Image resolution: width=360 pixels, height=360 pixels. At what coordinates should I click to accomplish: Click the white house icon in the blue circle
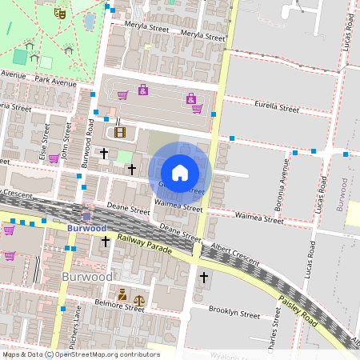click(x=180, y=172)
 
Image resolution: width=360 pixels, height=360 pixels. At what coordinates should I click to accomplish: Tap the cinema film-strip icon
click(x=120, y=132)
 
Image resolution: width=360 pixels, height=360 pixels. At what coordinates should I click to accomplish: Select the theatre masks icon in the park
click(x=58, y=13)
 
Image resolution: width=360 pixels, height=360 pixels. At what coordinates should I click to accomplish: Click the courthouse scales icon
click(x=139, y=294)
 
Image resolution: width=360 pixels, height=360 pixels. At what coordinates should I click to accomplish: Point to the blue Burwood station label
click(x=86, y=229)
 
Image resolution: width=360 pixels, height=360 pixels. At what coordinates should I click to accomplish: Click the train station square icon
click(x=86, y=216)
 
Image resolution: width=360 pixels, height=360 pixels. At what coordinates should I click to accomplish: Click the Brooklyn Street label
click(x=234, y=312)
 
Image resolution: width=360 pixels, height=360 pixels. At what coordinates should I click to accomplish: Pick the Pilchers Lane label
click(x=78, y=325)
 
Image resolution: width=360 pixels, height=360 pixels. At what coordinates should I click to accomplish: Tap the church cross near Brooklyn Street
click(x=204, y=278)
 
